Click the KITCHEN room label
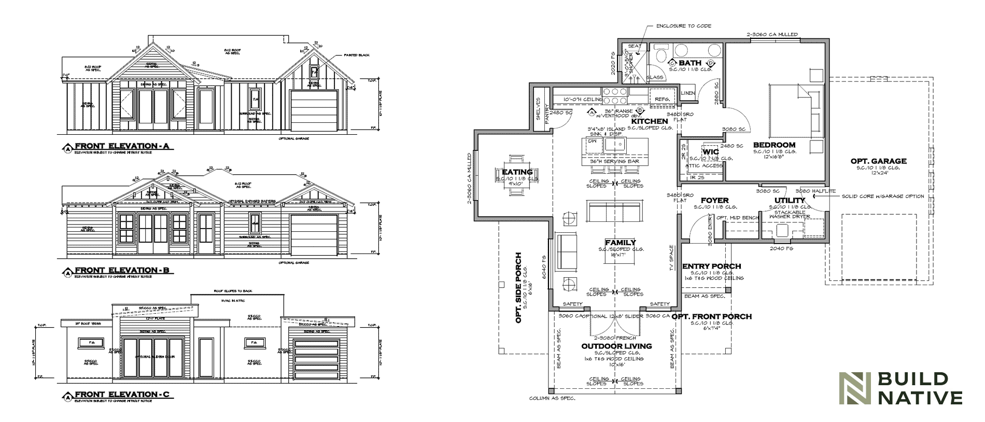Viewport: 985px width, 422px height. point(650,121)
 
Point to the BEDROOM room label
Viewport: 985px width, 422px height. point(774,145)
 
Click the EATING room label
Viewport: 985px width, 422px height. point(517,172)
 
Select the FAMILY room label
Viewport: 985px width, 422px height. point(620,243)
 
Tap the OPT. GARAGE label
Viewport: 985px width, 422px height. point(878,161)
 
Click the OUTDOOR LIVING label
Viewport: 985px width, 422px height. point(616,346)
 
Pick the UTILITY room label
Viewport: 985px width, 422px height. point(790,200)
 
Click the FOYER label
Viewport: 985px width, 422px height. point(714,200)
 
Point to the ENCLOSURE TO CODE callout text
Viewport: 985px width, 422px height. point(684,26)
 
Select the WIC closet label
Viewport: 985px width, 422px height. point(710,152)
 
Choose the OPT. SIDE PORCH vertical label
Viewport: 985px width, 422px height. point(518,288)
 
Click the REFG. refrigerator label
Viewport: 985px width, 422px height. point(662,99)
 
